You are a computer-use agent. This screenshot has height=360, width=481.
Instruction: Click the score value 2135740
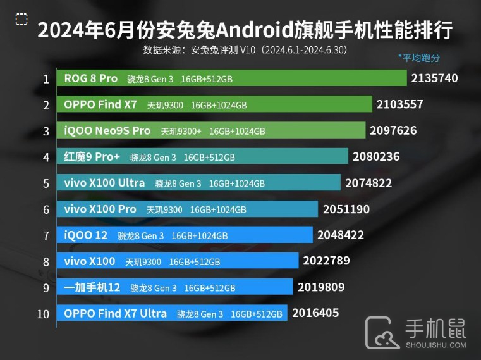coord(434,78)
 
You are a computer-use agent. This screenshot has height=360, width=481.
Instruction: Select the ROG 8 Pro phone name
coord(91,78)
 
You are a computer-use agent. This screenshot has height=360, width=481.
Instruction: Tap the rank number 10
coord(43,313)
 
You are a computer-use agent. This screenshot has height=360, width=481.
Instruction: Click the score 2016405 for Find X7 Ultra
coord(315,313)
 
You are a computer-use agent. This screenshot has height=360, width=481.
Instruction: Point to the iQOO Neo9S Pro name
coord(107,130)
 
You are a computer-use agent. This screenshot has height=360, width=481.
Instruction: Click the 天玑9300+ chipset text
coord(181,131)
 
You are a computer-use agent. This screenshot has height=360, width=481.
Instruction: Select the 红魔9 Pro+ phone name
coord(92,156)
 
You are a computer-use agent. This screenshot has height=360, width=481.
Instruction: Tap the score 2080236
coord(377,156)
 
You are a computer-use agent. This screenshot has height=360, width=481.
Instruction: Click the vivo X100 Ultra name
coord(104,183)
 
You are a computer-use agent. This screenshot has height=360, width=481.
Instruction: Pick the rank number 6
coord(46,209)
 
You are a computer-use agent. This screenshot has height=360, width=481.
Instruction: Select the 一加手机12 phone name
coord(92,287)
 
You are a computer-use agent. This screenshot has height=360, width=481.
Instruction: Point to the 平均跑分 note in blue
coord(419,58)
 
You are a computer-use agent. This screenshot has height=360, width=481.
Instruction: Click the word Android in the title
coord(252,30)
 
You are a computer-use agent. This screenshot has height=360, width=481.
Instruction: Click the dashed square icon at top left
coord(21,20)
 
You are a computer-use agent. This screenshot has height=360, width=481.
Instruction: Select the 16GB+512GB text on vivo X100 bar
coord(194,261)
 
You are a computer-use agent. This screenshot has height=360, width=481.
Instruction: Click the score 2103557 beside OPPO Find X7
coord(399,104)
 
